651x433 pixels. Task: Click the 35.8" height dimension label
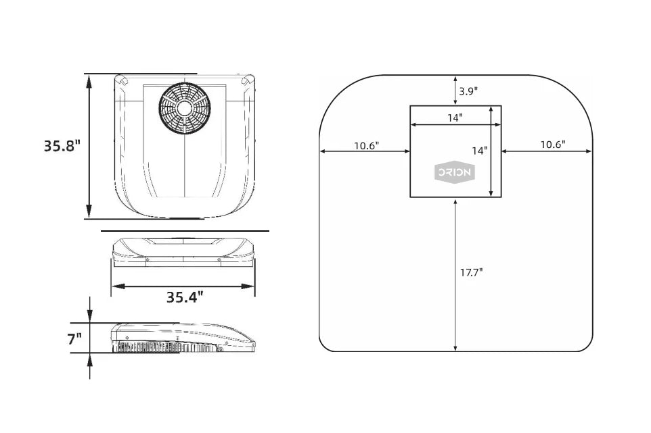[x=62, y=146]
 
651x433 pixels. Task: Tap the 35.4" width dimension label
[x=185, y=297]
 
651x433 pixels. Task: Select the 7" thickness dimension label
[x=74, y=339]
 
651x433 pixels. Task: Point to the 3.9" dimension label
[x=468, y=91]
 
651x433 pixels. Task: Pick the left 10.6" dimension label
[x=366, y=145]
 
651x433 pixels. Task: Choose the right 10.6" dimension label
[x=553, y=145]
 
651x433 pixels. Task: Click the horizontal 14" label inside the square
[x=455, y=118]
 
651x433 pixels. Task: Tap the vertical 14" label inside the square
[x=480, y=151]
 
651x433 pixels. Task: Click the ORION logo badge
[x=455, y=173]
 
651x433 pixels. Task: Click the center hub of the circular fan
[x=184, y=108]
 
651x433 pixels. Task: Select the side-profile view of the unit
[x=183, y=339]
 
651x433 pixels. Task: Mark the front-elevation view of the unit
[x=184, y=253]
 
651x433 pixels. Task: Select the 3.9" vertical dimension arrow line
[x=455, y=91]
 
